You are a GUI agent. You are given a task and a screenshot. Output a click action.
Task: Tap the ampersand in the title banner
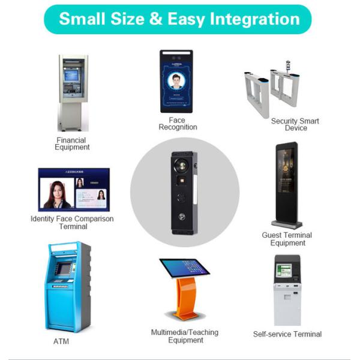click(156, 19)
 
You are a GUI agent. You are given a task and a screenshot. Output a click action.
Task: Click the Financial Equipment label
click(72, 144)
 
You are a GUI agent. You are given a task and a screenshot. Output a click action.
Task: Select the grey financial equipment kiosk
click(73, 93)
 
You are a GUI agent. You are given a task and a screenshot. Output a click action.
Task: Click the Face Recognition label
click(178, 124)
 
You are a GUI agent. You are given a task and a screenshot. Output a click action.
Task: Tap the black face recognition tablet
click(176, 81)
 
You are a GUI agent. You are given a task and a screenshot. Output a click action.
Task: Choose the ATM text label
click(61, 341)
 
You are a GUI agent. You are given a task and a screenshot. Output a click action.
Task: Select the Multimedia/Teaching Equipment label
click(185, 336)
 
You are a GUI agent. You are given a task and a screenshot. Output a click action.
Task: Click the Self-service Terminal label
click(287, 334)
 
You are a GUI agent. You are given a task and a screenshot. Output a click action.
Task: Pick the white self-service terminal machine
click(287, 291)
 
